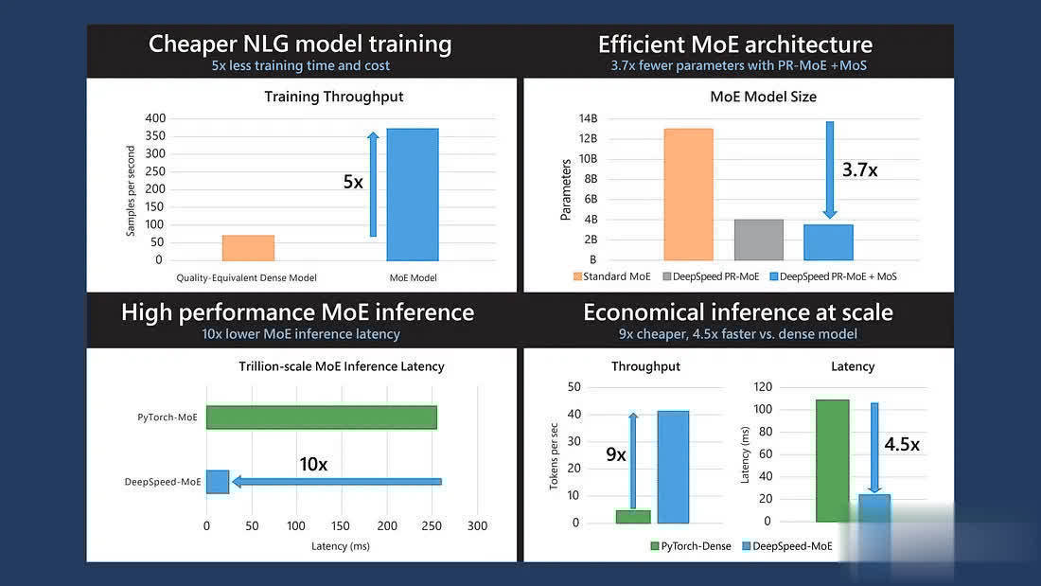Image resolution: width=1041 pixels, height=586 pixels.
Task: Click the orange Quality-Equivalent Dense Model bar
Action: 248,248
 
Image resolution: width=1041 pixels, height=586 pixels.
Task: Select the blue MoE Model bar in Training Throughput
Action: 412,194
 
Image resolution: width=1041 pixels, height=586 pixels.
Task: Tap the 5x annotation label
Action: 353,182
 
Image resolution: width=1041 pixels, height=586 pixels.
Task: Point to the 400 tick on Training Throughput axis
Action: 153,118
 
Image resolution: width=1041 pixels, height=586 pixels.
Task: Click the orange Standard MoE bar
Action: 688,194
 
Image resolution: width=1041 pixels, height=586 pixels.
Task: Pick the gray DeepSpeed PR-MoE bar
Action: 759,240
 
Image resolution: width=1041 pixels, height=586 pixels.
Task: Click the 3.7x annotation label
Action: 859,170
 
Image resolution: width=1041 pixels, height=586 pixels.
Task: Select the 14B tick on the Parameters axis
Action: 589,118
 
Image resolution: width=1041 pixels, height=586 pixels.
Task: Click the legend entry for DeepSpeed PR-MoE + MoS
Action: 833,276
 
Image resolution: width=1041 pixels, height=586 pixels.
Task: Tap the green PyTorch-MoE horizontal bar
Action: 322,417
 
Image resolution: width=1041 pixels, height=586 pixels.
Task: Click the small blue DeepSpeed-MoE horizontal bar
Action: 218,482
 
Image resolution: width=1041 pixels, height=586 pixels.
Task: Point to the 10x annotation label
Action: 313,464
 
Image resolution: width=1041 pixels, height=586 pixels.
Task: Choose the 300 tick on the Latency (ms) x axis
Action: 477,526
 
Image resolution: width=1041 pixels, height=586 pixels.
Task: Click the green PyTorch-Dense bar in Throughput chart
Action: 633,517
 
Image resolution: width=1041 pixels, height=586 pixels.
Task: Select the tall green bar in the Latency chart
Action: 832,460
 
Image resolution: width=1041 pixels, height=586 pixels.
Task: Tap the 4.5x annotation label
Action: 901,444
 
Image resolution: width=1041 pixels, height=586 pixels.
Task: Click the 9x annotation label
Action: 616,454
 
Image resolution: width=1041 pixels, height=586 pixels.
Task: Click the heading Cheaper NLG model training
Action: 300,44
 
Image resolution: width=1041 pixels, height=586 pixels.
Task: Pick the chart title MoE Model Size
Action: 763,97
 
